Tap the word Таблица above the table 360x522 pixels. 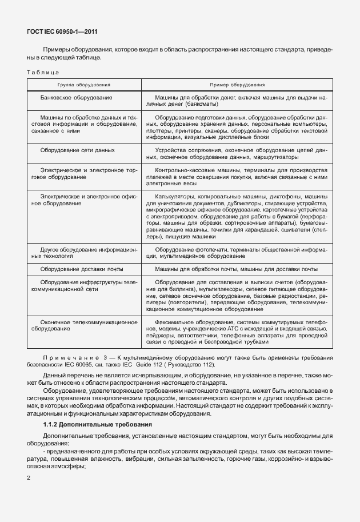click(x=43, y=72)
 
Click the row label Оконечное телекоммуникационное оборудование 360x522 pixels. click(x=85, y=326)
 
